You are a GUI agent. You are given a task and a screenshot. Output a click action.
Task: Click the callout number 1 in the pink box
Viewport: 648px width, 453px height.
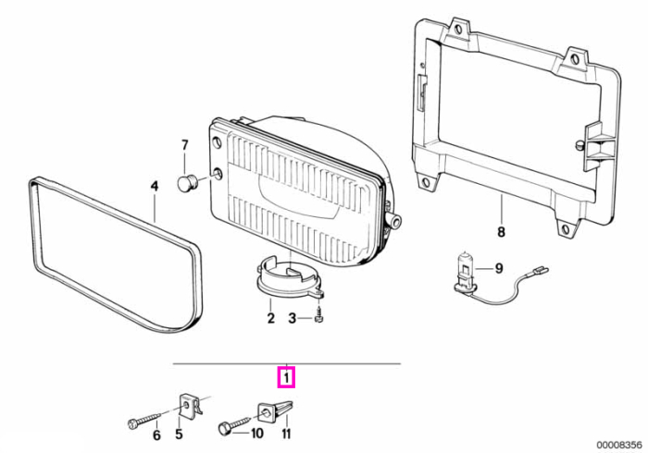pos(285,377)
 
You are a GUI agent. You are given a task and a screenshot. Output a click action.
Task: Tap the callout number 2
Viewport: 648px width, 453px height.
pos(270,318)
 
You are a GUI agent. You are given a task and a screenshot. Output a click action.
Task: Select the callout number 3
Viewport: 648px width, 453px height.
pos(293,318)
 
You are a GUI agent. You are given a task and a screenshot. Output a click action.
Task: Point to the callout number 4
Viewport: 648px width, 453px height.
pos(155,187)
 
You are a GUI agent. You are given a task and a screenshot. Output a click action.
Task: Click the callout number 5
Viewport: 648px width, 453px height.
pos(179,434)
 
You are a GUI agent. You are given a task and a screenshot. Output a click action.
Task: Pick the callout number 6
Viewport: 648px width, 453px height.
pos(156,435)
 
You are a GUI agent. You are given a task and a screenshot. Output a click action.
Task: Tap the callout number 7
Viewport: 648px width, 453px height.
pos(185,145)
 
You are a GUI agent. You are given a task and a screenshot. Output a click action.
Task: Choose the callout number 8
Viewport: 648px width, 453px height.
pos(501,232)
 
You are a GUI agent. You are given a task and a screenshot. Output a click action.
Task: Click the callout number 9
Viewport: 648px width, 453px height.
pos(499,269)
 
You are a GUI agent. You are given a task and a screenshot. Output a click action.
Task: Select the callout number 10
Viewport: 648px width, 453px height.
pos(256,434)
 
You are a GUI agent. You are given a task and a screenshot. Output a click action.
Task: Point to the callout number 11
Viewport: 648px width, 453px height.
pos(286,434)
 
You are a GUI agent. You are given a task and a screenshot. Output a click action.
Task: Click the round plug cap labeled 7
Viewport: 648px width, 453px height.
pos(185,183)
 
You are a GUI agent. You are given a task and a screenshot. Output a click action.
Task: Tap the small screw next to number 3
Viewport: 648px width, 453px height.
pos(318,314)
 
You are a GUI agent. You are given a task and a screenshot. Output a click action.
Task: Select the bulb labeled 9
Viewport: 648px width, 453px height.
pos(464,274)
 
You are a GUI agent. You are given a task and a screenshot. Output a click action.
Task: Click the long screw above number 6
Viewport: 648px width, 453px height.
pos(143,421)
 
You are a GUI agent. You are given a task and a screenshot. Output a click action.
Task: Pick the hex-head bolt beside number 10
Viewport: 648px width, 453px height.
pos(234,425)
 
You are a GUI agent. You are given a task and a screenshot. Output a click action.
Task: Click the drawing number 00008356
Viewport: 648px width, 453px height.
pos(618,445)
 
